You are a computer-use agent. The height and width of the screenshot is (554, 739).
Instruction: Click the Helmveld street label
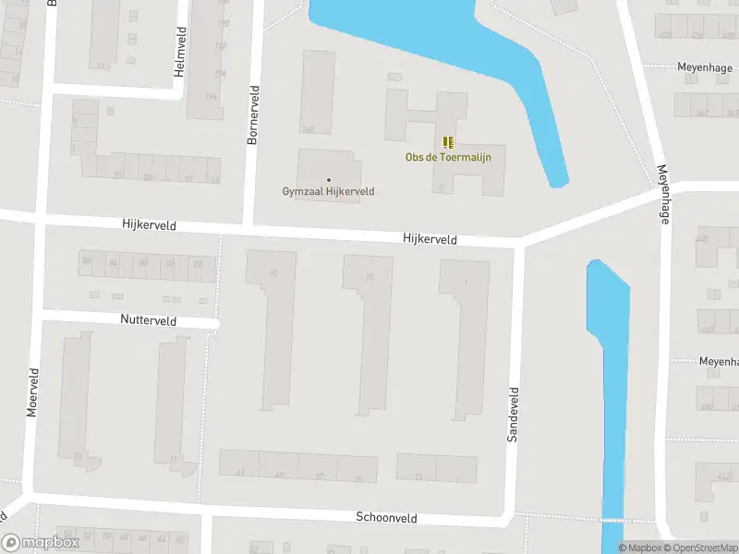coord(181,51)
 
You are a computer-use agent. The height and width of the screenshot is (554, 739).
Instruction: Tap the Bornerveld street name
coord(253,114)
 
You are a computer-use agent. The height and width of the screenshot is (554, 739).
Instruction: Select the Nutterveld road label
coord(148,320)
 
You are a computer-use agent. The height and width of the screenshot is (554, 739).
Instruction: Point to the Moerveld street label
coord(33,391)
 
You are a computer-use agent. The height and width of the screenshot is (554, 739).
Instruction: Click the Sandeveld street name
coord(514,415)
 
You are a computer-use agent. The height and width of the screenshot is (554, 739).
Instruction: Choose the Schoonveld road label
coord(388,517)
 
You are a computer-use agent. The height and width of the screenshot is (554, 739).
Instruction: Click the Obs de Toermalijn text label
coord(448,157)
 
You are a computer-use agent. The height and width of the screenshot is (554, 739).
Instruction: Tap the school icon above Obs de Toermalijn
coord(448,142)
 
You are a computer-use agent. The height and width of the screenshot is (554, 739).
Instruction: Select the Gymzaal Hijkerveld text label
coord(328,191)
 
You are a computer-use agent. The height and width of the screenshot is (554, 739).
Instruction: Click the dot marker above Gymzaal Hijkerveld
coord(328,179)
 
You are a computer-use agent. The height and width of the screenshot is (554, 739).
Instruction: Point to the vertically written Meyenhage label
coord(662,193)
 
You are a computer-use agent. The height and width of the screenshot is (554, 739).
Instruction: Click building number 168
coord(307,129)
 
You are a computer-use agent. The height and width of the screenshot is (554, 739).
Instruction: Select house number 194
coord(220,74)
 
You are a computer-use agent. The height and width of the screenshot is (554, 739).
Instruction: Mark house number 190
coord(222,23)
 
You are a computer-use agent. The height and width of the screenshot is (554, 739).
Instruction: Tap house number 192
coord(221,46)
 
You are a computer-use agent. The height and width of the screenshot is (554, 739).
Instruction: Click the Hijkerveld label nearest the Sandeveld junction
coord(430,239)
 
